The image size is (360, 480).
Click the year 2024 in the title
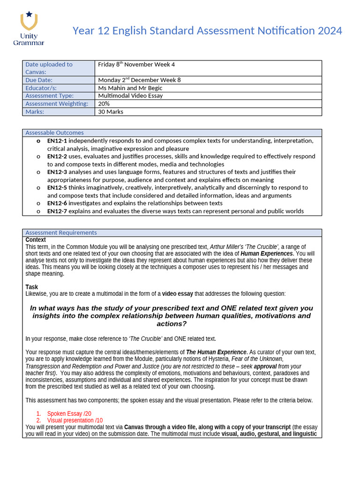point(330,31)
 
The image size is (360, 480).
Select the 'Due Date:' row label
point(39,80)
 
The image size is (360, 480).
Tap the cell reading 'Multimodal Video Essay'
point(130,96)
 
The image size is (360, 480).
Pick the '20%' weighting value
point(104,104)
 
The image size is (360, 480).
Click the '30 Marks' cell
point(111,112)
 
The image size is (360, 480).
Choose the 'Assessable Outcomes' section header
point(54,133)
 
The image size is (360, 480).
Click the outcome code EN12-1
point(57,141)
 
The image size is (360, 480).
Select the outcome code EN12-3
point(57,172)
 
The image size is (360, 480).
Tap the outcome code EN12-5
point(57,187)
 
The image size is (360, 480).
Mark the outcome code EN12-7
point(57,211)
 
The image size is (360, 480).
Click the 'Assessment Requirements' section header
point(61,232)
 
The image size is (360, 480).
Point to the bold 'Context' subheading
point(36,240)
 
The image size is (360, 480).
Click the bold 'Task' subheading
point(32,287)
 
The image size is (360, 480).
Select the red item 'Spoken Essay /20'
point(69,413)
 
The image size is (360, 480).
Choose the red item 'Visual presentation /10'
point(75,420)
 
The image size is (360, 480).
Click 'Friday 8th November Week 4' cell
point(136,65)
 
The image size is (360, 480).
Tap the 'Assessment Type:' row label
point(49,96)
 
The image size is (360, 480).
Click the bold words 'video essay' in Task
point(177,294)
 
